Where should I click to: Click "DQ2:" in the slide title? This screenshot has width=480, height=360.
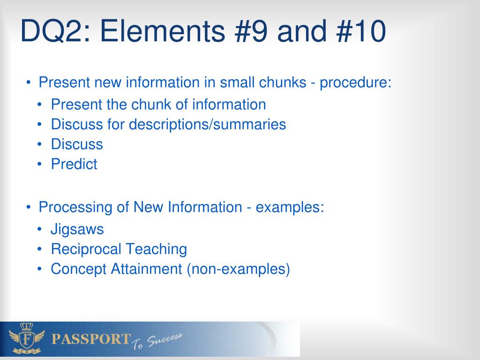click(x=56, y=31)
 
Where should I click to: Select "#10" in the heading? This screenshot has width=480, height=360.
click(x=361, y=30)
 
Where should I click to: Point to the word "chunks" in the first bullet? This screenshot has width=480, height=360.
click(x=283, y=82)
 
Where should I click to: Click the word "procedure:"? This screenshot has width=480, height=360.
click(x=355, y=82)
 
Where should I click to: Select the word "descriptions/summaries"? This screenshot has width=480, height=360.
click(x=207, y=125)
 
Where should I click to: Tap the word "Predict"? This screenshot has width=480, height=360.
click(x=74, y=164)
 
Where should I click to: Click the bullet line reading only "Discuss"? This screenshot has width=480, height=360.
click(x=77, y=144)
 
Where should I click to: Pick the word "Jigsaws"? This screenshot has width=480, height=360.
click(x=77, y=230)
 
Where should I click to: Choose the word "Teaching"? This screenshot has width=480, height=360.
click(x=156, y=249)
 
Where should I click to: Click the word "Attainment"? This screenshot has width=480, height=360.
click(x=146, y=269)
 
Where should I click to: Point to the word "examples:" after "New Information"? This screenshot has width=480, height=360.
click(x=290, y=207)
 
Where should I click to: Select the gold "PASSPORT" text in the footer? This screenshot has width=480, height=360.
click(x=91, y=339)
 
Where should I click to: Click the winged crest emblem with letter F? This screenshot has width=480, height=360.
click(x=27, y=339)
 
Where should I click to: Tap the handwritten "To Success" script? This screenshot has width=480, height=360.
click(x=157, y=341)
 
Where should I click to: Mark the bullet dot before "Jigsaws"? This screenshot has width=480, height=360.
click(x=39, y=229)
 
